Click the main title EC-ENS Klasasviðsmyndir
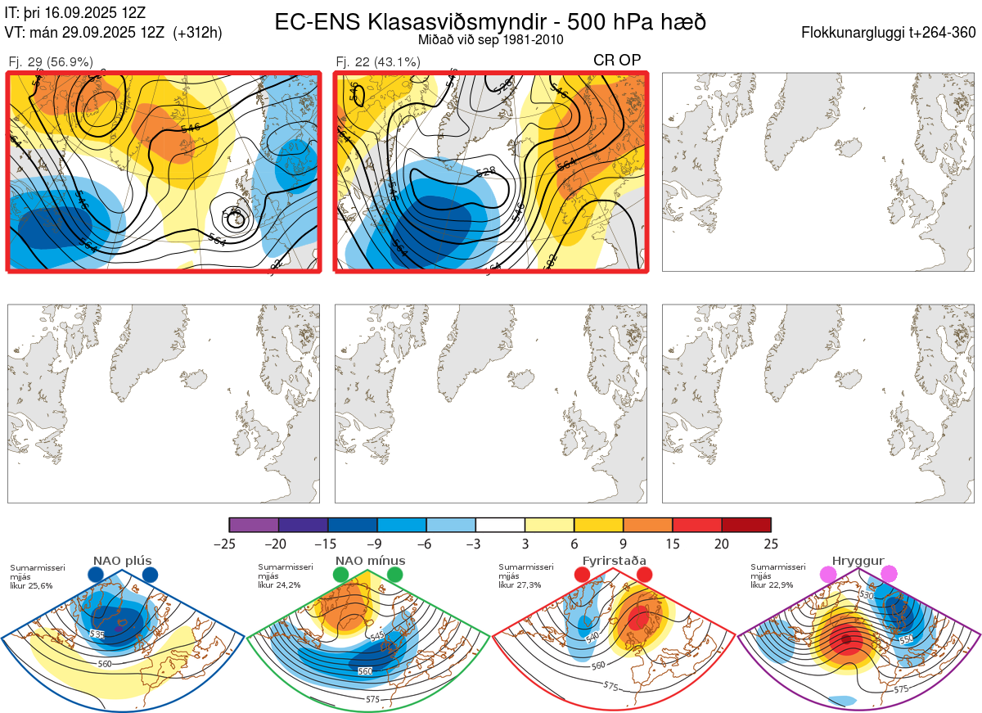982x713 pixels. pos(490,22)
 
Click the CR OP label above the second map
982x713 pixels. pos(616,60)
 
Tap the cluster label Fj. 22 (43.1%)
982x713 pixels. pos(378,61)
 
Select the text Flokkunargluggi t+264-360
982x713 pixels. pos(890,33)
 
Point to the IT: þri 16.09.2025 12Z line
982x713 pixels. pos(75,12)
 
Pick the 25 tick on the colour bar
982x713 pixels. pos(770,544)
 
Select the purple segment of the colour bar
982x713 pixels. pos(254,525)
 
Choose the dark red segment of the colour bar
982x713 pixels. pos(746,525)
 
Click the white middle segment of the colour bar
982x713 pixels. pos(500,525)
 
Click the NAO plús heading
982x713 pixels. pos(122,561)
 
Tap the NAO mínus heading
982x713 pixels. pos(369,561)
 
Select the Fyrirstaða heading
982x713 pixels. pos(613,561)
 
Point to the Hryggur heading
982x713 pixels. pos(858,561)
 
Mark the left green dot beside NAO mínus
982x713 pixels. pos(341,575)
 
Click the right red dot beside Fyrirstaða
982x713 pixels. pos(644,575)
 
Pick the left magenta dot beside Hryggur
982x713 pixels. pos(829,575)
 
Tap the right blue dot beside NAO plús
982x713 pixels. pos(150,575)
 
